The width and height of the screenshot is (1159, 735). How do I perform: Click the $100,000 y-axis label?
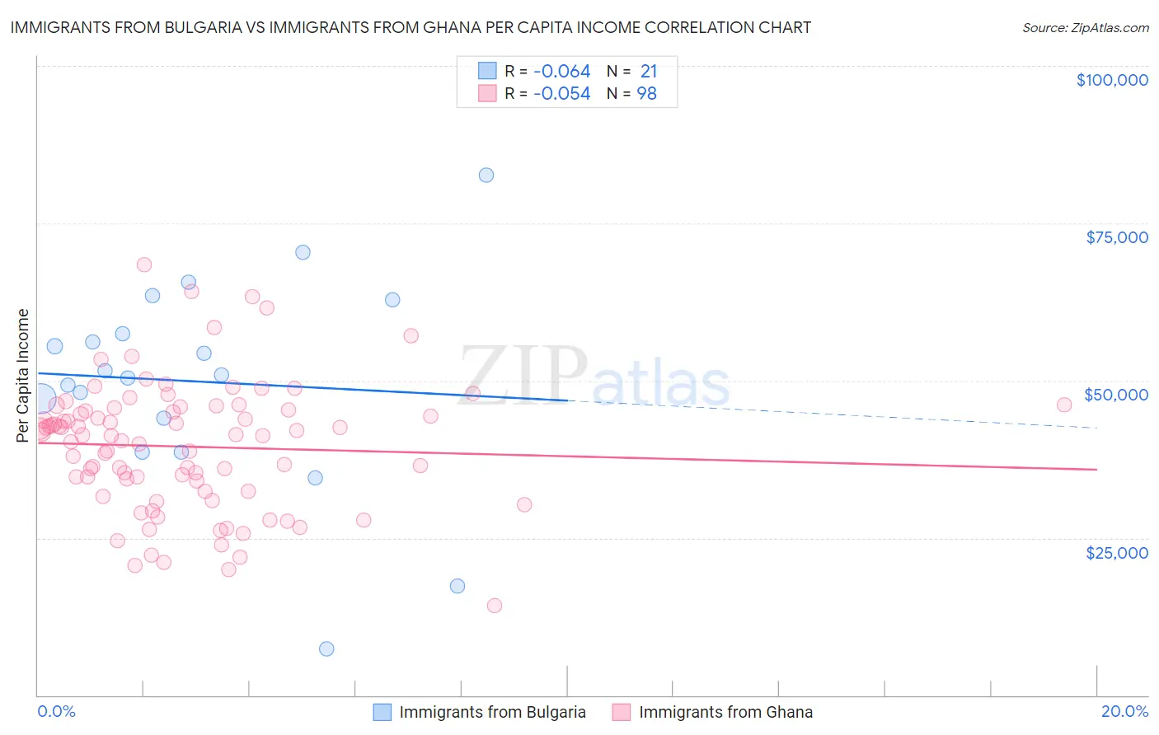[x=1112, y=80]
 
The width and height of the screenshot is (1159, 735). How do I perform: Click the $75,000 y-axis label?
[x=1117, y=237]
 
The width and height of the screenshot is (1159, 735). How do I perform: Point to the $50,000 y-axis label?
[x=1116, y=395]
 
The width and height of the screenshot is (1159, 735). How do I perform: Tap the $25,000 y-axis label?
[x=1117, y=552]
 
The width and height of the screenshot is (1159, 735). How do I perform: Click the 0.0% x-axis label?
[x=56, y=711]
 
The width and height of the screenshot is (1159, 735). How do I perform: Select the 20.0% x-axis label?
[x=1124, y=711]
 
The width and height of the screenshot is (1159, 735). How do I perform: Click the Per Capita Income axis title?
[x=22, y=375]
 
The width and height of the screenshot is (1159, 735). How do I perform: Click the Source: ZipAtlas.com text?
[x=1086, y=28]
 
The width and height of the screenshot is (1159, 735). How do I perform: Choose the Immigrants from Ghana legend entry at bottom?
[x=713, y=712]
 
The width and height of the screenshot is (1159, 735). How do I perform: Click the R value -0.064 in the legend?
[x=561, y=72]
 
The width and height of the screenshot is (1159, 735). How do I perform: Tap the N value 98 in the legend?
[x=647, y=94]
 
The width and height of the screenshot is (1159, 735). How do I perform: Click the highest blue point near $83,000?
[x=486, y=175]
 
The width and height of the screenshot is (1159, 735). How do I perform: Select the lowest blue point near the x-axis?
[x=326, y=648]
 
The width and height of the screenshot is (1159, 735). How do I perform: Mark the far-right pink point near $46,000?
[x=1064, y=405]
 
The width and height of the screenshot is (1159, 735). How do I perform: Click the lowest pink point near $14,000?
[x=495, y=606]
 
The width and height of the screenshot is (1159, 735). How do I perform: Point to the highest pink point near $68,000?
[x=144, y=265]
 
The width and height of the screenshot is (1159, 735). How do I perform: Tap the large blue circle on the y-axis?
[x=40, y=398]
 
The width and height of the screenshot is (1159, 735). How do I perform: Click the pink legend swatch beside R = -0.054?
[x=487, y=94]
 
